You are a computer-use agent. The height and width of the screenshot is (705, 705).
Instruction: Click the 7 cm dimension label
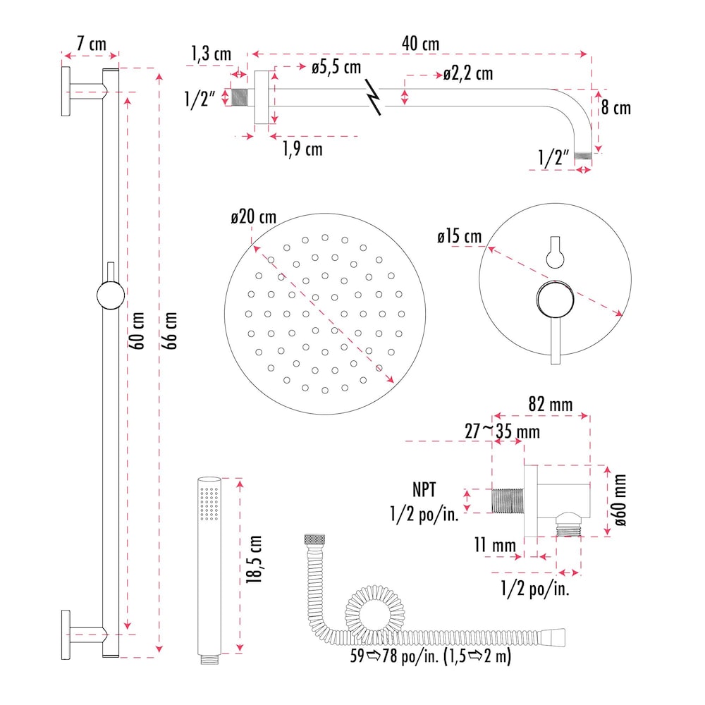[91, 44]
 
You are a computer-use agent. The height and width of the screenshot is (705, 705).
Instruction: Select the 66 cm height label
[172, 330]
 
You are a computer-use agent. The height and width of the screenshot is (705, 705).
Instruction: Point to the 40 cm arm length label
[420, 44]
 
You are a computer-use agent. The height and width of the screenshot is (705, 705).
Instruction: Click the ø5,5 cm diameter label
[336, 68]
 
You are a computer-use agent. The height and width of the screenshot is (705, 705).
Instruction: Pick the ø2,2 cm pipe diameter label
[467, 73]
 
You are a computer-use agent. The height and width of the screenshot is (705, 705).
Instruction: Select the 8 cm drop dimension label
[616, 108]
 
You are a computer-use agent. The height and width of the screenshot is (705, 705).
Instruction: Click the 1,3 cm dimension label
[209, 53]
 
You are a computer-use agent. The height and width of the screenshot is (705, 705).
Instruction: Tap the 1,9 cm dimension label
[302, 149]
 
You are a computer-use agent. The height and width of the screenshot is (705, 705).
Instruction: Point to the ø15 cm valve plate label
[459, 237]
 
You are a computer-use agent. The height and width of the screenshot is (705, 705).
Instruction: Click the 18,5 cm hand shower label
[255, 559]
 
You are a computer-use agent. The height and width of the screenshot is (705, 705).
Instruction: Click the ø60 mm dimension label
[620, 501]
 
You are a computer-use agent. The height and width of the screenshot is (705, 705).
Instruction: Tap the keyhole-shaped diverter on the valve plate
[555, 252]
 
